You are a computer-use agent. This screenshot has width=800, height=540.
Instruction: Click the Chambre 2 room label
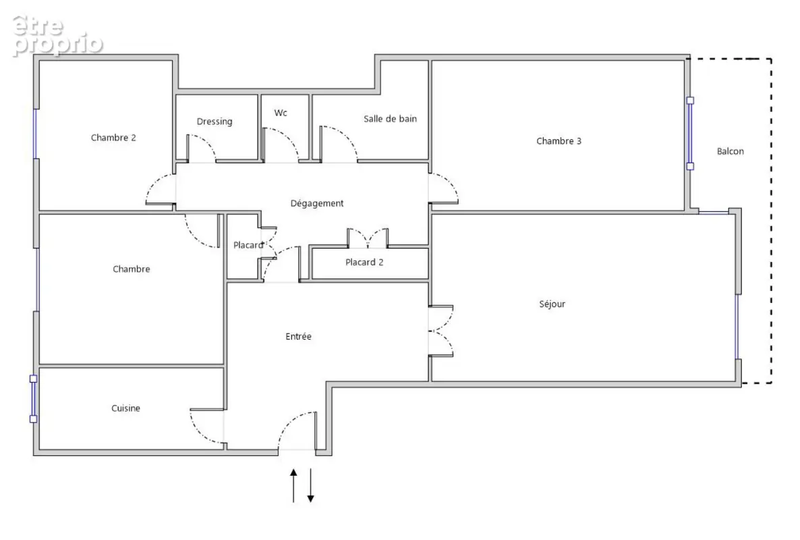point(113,137)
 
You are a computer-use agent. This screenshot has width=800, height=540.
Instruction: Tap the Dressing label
point(215,122)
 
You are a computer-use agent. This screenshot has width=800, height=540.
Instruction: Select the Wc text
point(281,113)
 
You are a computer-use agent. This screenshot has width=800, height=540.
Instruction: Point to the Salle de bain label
point(391,118)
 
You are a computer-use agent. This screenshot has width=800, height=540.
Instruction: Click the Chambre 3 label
point(559,141)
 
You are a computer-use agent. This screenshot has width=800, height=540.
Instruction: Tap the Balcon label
point(730,151)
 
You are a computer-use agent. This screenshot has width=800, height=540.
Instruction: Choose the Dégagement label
point(317,203)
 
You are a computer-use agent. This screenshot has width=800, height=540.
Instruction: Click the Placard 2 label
point(364,263)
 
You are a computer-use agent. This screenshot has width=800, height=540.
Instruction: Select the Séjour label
point(552,304)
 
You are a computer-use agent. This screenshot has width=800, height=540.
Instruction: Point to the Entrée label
point(298,336)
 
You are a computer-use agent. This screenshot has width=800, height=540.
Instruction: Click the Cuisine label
point(125,408)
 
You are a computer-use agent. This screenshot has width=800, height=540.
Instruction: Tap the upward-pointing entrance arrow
point(293,486)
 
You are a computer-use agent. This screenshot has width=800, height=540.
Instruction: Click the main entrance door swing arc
point(289,422)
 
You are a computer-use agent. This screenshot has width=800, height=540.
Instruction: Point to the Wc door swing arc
point(288,137)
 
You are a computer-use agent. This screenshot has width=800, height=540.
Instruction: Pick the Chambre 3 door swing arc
point(450,182)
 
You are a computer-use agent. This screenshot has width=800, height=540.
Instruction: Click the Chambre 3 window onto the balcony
point(690,133)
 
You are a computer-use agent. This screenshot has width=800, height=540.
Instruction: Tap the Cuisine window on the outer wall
point(33,399)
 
